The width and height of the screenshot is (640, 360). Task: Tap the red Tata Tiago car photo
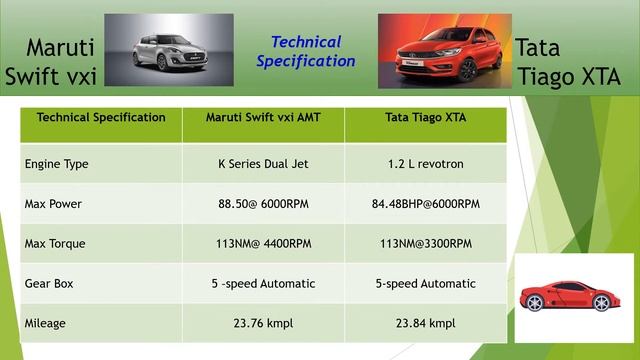coord(442,50)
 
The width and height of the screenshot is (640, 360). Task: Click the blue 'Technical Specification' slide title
coord(306,51)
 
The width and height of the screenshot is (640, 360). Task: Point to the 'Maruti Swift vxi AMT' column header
coord(263,118)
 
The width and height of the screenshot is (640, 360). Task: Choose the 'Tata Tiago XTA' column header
coord(425,118)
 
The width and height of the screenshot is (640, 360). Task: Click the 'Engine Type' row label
coord(56,163)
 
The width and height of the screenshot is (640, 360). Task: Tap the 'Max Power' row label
coord(53,204)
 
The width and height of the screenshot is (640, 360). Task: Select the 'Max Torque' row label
coord(55,244)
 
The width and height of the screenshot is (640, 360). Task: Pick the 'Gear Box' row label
coord(50,283)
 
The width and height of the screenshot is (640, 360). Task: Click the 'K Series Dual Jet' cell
coord(263,163)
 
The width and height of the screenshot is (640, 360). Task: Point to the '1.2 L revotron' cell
coord(425,163)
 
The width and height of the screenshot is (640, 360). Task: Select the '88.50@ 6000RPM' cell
coord(263,204)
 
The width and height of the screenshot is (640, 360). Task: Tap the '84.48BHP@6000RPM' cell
coord(425,204)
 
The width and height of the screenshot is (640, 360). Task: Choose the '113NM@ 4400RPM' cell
coord(263,244)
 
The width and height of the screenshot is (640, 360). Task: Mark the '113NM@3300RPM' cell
coord(425,244)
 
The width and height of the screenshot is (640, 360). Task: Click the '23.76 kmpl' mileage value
coord(263,323)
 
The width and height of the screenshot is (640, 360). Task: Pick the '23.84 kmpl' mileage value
coord(425,323)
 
